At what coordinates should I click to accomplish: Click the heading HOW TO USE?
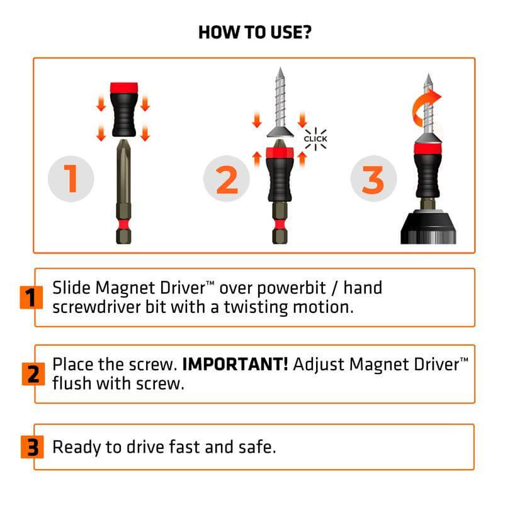254,32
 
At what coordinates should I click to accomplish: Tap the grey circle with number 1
71,179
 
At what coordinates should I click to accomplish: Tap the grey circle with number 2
226,179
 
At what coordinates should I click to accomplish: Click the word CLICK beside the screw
315,139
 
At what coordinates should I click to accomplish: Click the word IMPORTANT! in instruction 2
235,365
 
